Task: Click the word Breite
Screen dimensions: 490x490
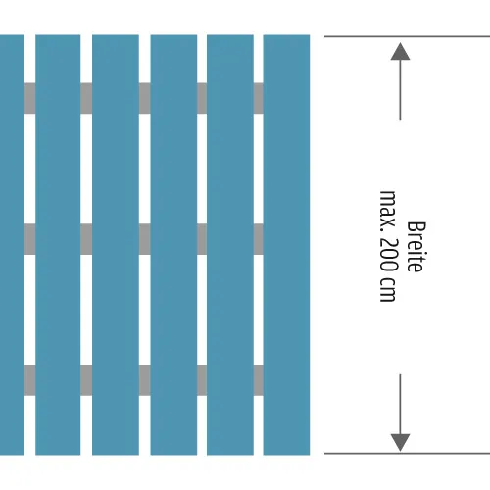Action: (x=416, y=247)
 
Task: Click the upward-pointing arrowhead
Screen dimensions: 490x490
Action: (x=400, y=52)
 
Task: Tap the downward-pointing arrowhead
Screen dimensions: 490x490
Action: (x=400, y=443)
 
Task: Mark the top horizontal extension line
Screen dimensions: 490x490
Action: (x=407, y=36)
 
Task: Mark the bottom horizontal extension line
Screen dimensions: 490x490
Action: (x=407, y=454)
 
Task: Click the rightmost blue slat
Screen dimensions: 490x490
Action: (x=286, y=245)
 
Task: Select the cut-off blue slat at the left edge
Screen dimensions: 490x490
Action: (x=12, y=245)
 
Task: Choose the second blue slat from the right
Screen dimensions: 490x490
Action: (x=230, y=245)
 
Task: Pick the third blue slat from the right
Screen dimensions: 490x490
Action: (x=173, y=245)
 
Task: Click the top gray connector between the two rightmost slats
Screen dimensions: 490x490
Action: (x=258, y=98)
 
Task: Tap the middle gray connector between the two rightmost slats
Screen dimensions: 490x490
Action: (x=258, y=239)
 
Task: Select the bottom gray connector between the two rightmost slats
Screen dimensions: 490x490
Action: (x=258, y=380)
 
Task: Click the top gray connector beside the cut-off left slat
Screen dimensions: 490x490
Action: (x=29, y=98)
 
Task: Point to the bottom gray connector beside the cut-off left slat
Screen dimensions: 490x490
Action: (x=29, y=380)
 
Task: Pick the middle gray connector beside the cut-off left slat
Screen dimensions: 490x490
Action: (x=29, y=239)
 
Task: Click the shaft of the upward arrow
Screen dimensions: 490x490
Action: (x=400, y=90)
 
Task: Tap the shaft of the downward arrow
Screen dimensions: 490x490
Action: (x=400, y=404)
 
